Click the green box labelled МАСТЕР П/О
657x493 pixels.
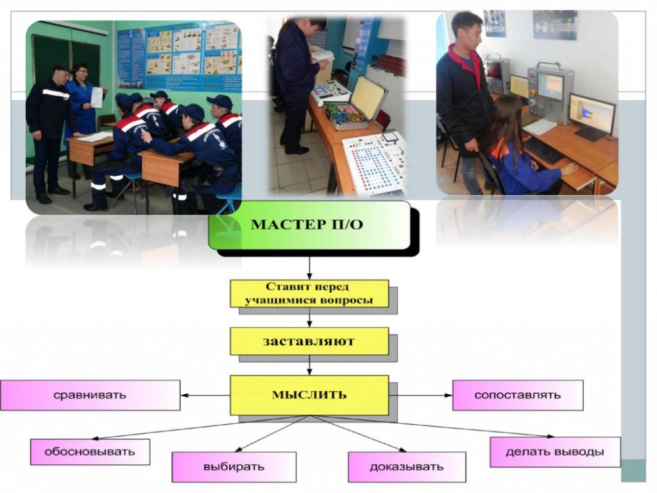click(x=309, y=225)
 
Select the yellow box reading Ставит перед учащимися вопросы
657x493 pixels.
click(x=309, y=293)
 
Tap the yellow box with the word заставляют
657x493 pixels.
click(x=309, y=342)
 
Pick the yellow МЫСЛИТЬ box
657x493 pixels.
click(x=309, y=395)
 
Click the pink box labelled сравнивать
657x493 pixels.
click(x=90, y=395)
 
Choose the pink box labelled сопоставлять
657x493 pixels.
click(x=518, y=395)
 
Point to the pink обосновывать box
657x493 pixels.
click(x=90, y=451)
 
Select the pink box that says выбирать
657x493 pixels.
click(x=234, y=467)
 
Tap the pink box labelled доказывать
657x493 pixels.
click(x=406, y=467)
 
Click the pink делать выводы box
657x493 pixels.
click(x=555, y=452)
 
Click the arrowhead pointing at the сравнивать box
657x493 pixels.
click(x=184, y=395)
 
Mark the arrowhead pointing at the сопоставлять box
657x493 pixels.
click(x=448, y=395)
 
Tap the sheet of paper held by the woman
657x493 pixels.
click(x=96, y=98)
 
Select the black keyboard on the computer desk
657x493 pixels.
click(x=543, y=150)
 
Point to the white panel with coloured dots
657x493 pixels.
click(x=374, y=164)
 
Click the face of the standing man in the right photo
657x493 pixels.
click(x=473, y=36)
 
